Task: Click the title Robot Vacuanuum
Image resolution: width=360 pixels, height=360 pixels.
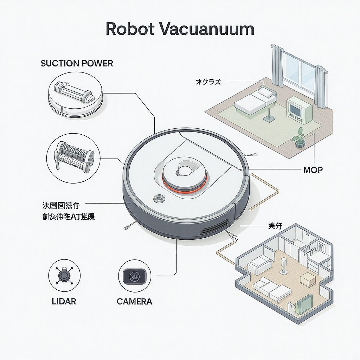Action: (180, 29)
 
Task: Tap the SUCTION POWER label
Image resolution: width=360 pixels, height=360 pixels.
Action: (77, 64)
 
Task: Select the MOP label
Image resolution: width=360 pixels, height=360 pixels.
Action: (313, 170)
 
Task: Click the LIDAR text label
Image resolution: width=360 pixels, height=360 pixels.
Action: (63, 301)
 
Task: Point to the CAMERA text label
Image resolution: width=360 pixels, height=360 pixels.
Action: (134, 301)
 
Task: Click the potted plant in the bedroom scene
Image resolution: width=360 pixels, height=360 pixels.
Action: (299, 138)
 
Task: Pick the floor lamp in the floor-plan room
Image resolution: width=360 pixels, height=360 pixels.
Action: (284, 266)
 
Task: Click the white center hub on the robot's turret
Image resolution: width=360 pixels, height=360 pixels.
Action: (184, 171)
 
